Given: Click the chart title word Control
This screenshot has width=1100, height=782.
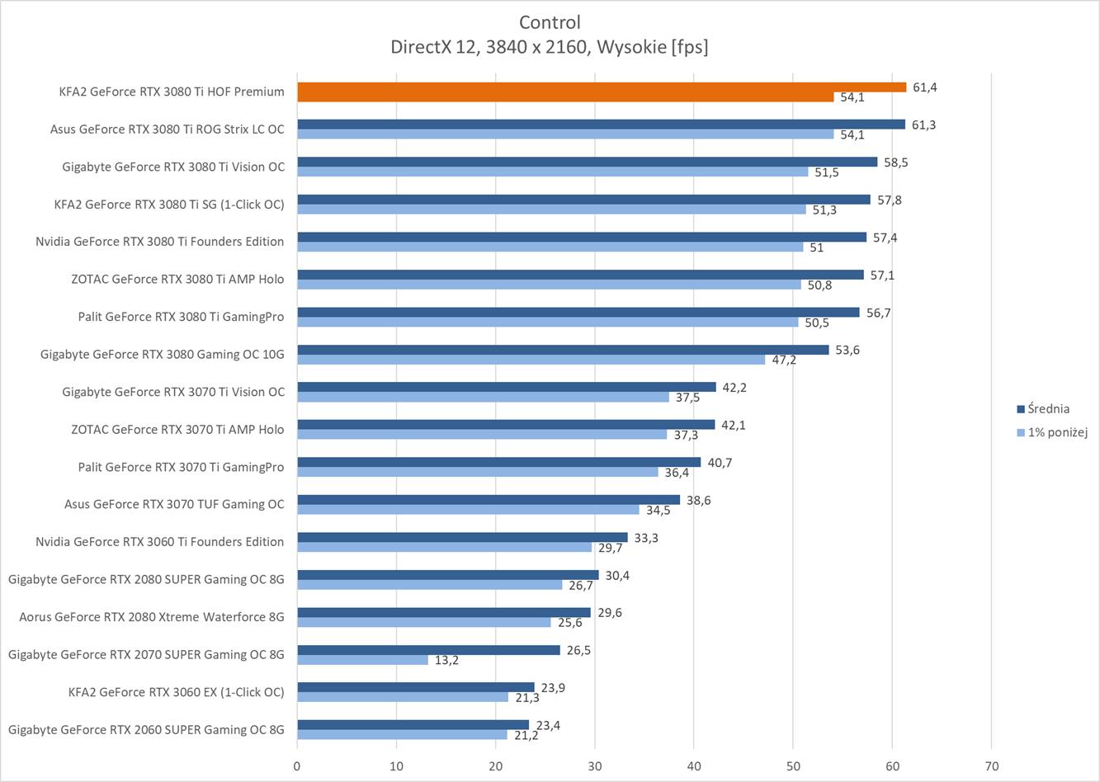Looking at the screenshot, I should (x=550, y=22).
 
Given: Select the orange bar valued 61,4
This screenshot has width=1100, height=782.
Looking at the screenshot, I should (x=601, y=87).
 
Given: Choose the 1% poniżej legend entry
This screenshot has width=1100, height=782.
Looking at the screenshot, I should (x=1057, y=432).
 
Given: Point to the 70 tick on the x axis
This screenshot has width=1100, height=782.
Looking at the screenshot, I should (x=991, y=766).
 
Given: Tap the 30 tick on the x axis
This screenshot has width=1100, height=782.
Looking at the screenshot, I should (x=595, y=766).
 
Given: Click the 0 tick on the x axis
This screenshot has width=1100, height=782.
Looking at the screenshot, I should (x=297, y=766).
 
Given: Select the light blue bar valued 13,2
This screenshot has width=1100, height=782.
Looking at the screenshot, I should (x=362, y=660).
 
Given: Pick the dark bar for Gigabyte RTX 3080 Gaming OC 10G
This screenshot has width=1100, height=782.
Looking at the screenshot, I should (x=563, y=350).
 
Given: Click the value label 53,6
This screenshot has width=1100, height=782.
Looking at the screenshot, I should (x=847, y=350).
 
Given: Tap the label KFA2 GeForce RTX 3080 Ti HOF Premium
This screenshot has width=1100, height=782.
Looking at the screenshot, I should (x=172, y=92).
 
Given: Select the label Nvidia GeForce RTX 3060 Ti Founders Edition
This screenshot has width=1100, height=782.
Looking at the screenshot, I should (x=159, y=542).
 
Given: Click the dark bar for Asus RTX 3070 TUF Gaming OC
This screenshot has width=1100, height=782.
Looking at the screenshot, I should (x=489, y=500).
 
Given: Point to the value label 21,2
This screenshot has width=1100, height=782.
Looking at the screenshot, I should (x=526, y=735).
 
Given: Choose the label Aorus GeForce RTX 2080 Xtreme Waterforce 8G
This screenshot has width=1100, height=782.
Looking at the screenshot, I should (x=152, y=616).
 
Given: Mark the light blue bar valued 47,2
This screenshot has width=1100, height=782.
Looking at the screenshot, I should (x=531, y=360).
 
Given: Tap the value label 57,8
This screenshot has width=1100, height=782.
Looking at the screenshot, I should (x=889, y=200).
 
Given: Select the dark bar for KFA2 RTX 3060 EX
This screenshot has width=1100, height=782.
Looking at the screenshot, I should (x=415, y=687).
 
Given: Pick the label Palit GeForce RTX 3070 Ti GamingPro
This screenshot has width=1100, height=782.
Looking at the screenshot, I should (x=181, y=467).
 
